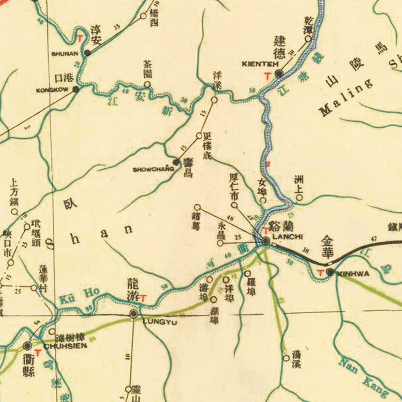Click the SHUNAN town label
pyautogui.click(x=65, y=54)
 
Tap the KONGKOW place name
pyautogui.click(x=53, y=90)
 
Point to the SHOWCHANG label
pyautogui.click(x=153, y=169)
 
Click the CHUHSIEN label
pyautogui.click(x=65, y=346)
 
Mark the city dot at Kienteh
pyautogui.click(x=279, y=74)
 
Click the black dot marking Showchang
pyautogui.click(x=176, y=162)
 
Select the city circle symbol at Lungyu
pyautogui.click(x=133, y=314)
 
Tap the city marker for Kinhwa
pyautogui.click(x=330, y=272)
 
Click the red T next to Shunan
pyautogui.click(x=80, y=39)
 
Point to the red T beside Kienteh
pyautogui.click(x=267, y=77)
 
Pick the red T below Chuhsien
pyautogui.click(x=38, y=353)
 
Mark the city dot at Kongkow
pyautogui.click(x=76, y=90)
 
